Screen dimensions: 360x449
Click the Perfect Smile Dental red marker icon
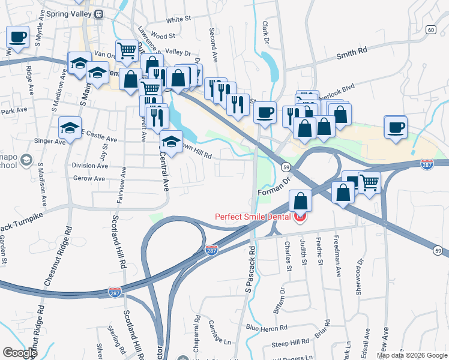click(300, 218)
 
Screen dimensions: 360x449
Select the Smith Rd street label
click(351, 53)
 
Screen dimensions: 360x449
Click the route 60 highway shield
click(431, 29)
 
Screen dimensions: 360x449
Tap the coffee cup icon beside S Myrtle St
click(18, 37)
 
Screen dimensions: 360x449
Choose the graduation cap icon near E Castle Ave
click(70, 128)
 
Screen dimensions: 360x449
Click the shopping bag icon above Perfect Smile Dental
click(301, 201)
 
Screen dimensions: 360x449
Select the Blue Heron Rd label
click(267, 328)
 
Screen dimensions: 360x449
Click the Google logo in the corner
click(20, 353)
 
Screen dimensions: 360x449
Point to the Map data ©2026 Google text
click(412, 355)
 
